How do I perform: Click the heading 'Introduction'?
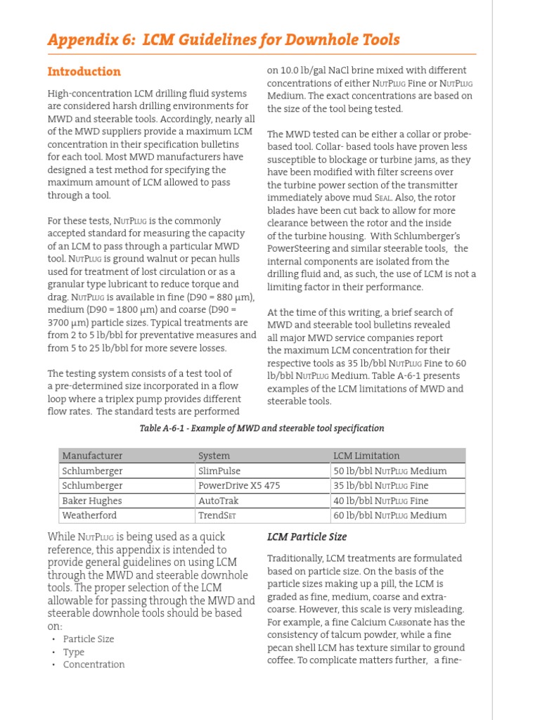[84, 72]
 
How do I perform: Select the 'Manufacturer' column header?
[92, 456]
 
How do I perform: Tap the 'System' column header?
[214, 456]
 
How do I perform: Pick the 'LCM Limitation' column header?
[366, 456]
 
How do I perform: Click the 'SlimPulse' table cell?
[221, 471]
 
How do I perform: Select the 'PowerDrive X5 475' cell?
[239, 486]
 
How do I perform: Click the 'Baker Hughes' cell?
[91, 501]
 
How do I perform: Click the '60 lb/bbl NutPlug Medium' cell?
[390, 515]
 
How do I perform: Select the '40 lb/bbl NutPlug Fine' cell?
[381, 501]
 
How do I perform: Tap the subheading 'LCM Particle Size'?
[307, 537]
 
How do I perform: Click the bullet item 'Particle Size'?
[88, 639]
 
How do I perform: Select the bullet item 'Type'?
[73, 652]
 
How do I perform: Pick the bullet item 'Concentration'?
[94, 664]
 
